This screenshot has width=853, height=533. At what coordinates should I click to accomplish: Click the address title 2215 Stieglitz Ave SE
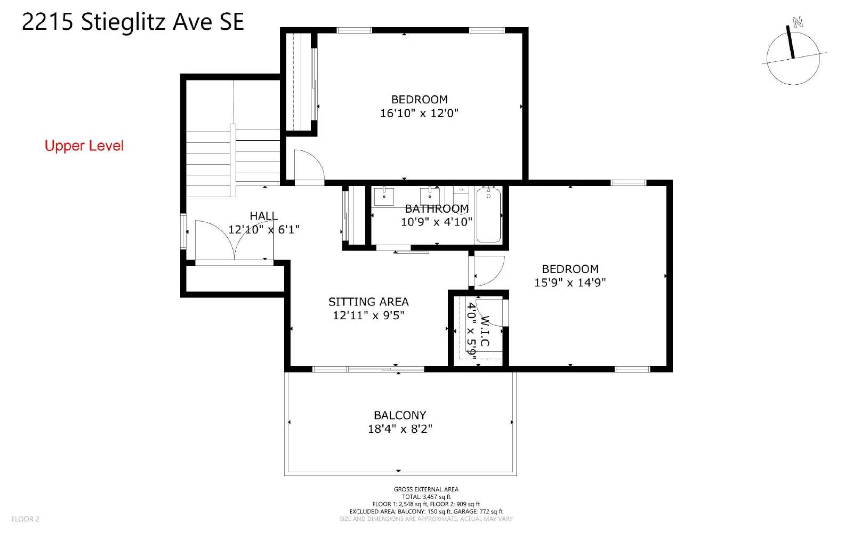click(x=133, y=22)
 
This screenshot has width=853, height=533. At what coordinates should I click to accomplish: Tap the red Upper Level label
click(x=84, y=146)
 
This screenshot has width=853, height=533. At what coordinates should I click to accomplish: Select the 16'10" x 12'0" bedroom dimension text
click(x=419, y=113)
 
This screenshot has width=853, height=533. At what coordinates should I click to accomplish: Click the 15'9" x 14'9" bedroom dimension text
click(x=570, y=282)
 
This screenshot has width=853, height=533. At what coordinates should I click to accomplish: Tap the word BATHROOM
click(x=437, y=208)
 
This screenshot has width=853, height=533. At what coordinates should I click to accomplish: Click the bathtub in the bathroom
click(x=488, y=215)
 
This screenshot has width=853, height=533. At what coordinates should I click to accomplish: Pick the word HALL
click(x=263, y=216)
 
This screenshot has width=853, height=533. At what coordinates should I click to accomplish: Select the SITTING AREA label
click(x=368, y=302)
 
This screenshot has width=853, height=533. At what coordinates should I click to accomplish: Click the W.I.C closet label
click(x=485, y=331)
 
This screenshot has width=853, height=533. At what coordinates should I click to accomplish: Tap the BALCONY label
click(x=400, y=415)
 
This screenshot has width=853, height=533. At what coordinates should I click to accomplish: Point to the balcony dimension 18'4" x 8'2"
click(x=400, y=429)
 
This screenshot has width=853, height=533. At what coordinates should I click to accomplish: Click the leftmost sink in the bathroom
click(x=384, y=196)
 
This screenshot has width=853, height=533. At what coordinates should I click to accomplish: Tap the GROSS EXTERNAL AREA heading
click(x=426, y=490)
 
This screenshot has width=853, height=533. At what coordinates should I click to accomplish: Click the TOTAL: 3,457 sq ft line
click(x=426, y=497)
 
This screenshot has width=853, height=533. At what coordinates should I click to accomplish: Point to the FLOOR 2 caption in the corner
click(x=25, y=519)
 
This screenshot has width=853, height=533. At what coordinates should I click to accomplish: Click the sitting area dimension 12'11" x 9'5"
click(x=368, y=316)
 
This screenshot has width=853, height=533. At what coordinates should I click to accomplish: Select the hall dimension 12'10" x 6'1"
click(x=264, y=230)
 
